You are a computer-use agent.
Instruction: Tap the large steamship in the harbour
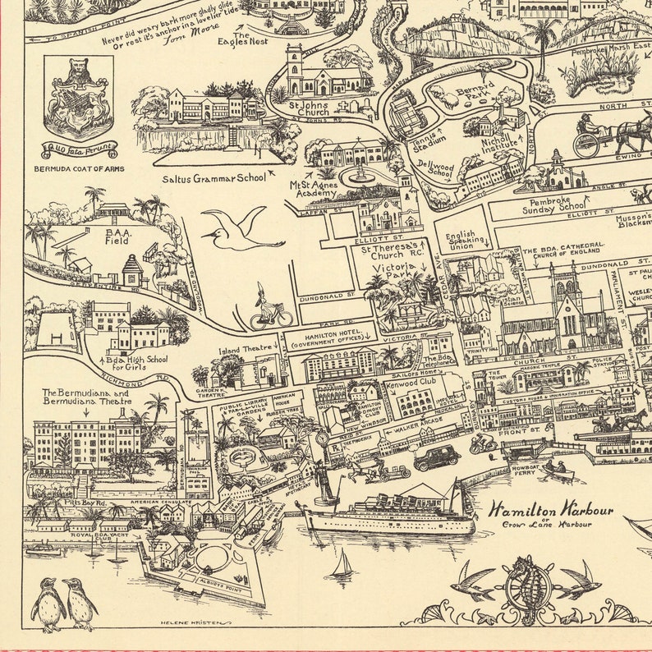coord(386,509)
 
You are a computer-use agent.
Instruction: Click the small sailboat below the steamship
coord(341,565)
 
